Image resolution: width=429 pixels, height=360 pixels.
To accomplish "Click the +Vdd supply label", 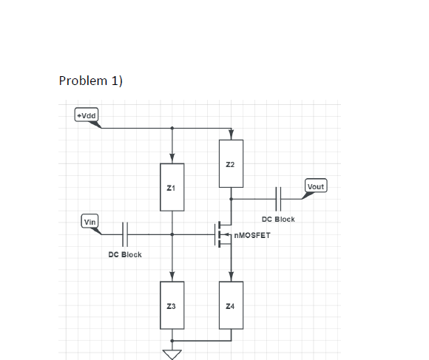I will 88,115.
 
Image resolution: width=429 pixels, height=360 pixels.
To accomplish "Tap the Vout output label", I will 316,186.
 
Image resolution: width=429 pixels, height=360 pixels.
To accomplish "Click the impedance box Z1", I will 172,189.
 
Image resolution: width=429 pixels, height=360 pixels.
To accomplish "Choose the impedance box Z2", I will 231,163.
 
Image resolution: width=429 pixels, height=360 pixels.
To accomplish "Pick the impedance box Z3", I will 172,305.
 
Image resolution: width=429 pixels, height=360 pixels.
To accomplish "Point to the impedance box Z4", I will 231,305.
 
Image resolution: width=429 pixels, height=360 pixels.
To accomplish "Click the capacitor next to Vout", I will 279,198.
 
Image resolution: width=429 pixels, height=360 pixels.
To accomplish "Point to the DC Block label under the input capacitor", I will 125,254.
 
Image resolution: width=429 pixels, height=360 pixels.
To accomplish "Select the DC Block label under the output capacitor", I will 279,219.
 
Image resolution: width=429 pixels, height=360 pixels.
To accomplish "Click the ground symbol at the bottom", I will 172,353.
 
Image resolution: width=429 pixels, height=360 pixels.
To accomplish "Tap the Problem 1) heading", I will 90,81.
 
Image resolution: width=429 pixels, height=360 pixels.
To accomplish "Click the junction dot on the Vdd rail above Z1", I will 172,128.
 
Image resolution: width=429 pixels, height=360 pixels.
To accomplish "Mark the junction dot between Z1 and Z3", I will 172,234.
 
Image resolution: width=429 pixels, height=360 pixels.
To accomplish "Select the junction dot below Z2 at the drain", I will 231,198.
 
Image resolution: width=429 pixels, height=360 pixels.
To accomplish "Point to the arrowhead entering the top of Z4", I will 231,278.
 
